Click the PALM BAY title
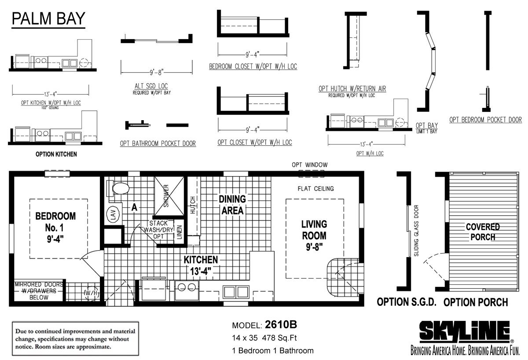pos(48,18)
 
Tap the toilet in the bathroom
pos(117,188)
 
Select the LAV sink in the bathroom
pos(113,214)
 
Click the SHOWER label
pos(166,196)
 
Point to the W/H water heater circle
pos(92,293)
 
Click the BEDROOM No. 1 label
pos(55,228)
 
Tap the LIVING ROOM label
pos(314,235)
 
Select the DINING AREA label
pos(232,205)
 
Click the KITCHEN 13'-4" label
pos(201,265)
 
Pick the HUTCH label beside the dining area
pos(193,205)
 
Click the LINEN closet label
pos(180,232)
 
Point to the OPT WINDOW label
pos(309,165)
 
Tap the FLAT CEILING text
pos(315,189)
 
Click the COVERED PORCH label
pos(483,232)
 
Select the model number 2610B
pos(281,325)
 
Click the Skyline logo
pos(465,331)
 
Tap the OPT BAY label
pos(427,125)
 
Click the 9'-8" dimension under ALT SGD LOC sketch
pos(157,72)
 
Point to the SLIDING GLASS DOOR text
pos(416,231)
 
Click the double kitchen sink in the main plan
pos(236,292)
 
